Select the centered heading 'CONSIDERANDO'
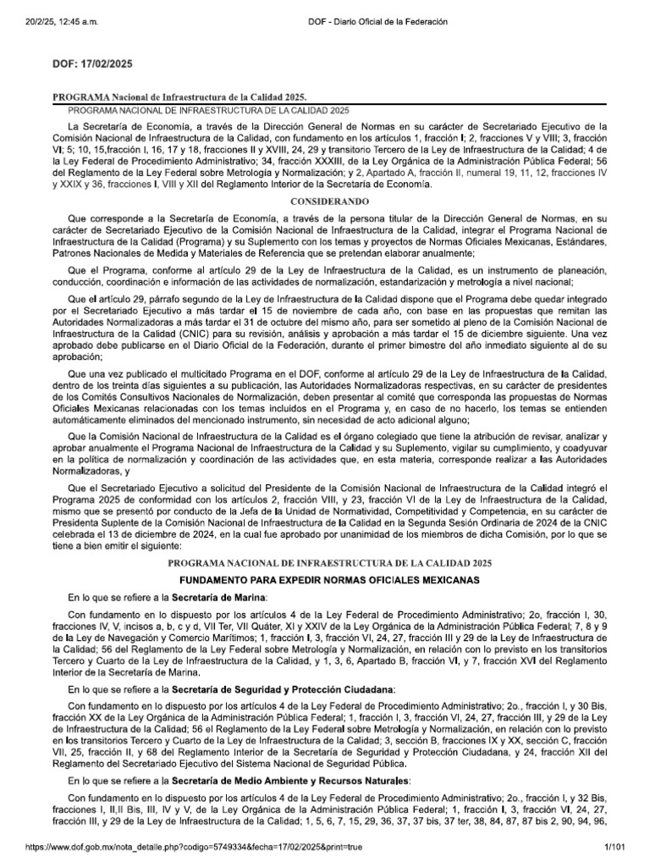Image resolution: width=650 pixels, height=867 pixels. [326, 203]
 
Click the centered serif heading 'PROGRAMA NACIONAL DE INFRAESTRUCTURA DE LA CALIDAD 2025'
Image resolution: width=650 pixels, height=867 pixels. [326, 563]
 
